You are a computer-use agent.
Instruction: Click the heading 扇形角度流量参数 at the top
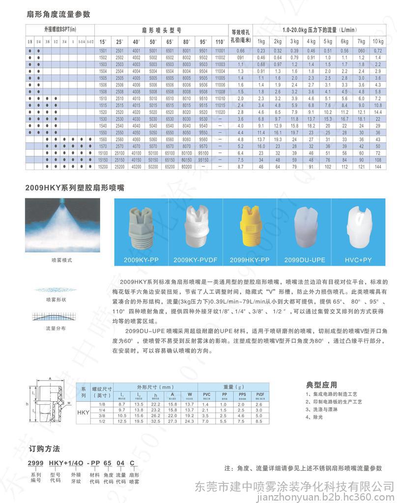(x=58, y=14)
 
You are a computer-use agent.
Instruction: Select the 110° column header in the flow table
(x=220, y=41)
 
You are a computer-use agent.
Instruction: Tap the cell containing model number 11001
(x=220, y=51)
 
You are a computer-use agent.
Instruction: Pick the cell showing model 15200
(x=103, y=168)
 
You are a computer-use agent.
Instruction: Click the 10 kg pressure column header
(x=378, y=41)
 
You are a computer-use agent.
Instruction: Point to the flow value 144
(x=378, y=168)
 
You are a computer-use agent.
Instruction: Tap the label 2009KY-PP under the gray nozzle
(x=141, y=259)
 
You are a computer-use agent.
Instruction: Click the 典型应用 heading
(x=322, y=384)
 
